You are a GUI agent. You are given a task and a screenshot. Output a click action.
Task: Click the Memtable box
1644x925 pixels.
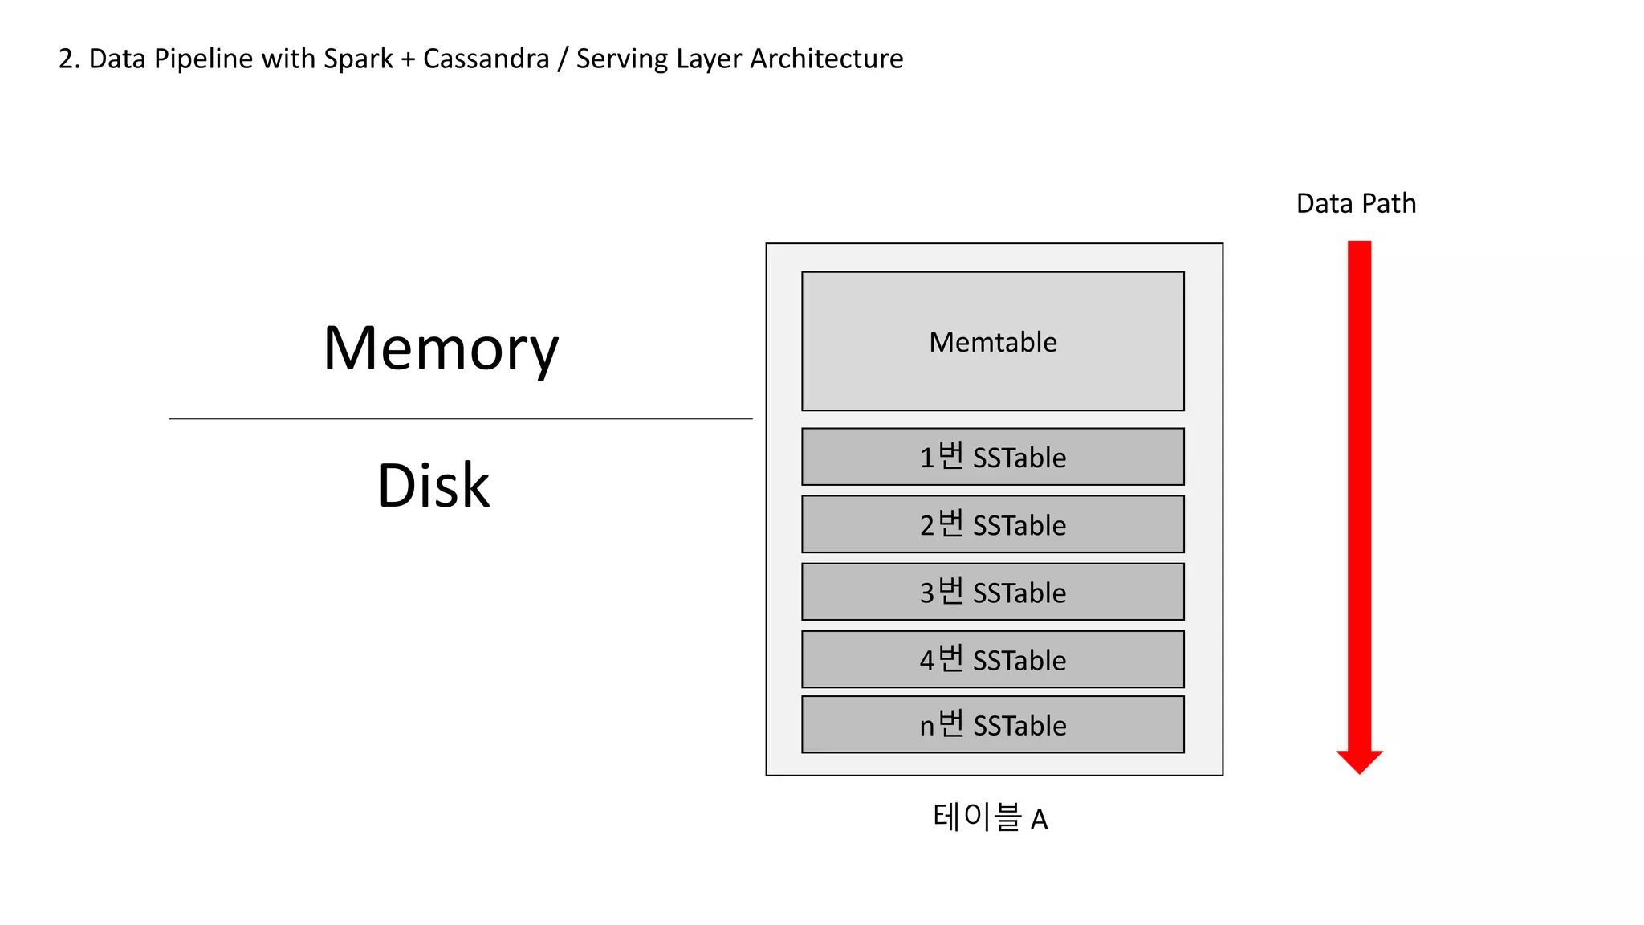[x=992, y=341]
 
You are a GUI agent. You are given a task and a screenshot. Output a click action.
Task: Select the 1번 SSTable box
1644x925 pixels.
[x=992, y=457]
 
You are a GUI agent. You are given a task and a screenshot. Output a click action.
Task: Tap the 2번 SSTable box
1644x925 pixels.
[x=992, y=524]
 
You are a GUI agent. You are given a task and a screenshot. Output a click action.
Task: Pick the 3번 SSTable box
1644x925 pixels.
[x=992, y=592]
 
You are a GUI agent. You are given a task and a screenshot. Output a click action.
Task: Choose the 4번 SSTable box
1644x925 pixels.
[x=992, y=659]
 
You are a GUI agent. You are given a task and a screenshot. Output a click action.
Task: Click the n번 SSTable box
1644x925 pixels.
[x=992, y=724]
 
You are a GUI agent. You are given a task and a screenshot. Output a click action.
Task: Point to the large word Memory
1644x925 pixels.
[x=441, y=348]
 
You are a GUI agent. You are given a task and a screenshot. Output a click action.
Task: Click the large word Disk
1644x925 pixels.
[x=433, y=486]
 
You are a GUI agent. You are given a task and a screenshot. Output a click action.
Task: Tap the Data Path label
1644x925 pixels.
[x=1356, y=203]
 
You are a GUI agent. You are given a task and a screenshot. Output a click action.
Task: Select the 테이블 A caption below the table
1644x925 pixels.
[x=990, y=818]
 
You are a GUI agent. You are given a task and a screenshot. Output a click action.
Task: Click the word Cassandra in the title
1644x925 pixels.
[x=486, y=59]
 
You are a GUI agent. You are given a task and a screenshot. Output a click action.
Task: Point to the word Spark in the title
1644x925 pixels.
[x=358, y=59]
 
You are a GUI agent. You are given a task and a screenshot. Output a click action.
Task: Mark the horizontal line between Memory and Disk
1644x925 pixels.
[x=460, y=418]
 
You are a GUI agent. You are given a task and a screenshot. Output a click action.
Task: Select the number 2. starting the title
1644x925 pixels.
[x=69, y=59]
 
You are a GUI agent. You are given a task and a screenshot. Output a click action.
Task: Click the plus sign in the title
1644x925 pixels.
[x=408, y=59]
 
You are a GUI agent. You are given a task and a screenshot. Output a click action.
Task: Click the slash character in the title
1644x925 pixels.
[x=563, y=59]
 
